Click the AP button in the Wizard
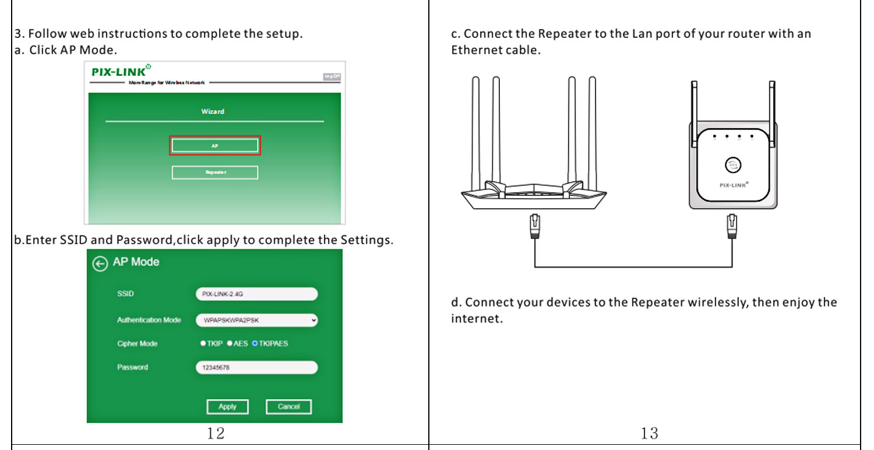point(215,146)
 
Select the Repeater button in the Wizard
point(215,173)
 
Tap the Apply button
point(227,407)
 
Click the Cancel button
point(288,407)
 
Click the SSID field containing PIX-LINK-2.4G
point(256,294)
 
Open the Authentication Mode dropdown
point(256,320)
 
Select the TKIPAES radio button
point(255,344)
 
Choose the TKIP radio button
point(203,344)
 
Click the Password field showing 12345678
point(256,368)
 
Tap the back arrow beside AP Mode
point(100,264)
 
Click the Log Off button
point(332,77)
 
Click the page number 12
point(216,433)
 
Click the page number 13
point(649,433)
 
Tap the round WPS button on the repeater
point(733,164)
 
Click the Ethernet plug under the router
point(534,226)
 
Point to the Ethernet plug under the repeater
point(732,226)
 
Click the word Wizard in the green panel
point(213,111)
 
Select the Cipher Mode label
point(137,344)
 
